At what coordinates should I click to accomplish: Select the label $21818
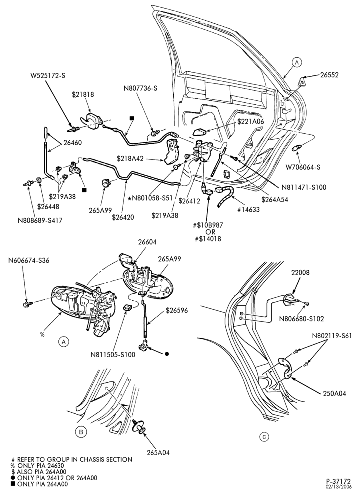coord(83,94)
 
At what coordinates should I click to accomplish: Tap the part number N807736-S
coord(140,88)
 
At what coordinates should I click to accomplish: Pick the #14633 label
coord(248,209)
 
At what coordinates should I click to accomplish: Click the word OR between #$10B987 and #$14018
coord(211,232)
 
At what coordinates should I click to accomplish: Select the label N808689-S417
coord(40,220)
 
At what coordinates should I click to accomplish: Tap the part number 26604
coord(147,242)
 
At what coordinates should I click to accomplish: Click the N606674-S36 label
coord(29,261)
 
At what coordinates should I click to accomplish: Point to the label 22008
coord(300,272)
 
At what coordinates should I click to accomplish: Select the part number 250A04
coord(334,394)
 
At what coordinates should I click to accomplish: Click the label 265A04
coord(158,452)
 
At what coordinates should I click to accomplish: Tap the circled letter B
coord(81,432)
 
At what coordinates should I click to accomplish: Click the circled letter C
coord(264,437)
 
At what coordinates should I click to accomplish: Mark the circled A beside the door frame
coord(297,62)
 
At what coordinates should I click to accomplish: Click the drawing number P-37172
coord(338,481)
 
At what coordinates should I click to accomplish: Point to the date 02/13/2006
coord(338,487)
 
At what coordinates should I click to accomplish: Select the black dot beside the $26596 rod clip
coord(167,354)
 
